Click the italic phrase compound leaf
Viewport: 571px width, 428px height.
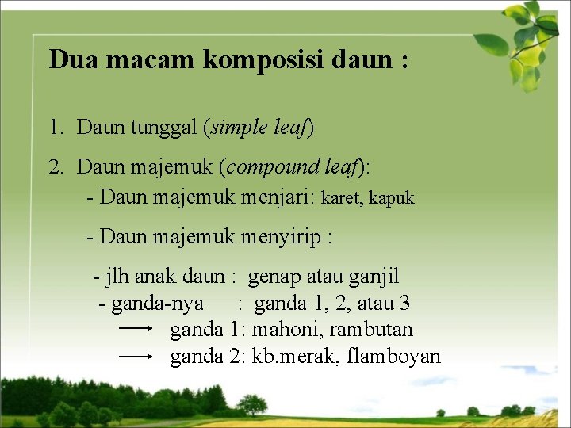point(290,166)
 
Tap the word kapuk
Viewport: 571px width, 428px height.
point(392,198)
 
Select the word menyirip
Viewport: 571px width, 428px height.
point(282,236)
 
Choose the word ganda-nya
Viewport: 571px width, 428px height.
point(156,303)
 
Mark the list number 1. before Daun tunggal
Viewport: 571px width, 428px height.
point(56,127)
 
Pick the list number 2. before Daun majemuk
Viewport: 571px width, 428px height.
point(56,166)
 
